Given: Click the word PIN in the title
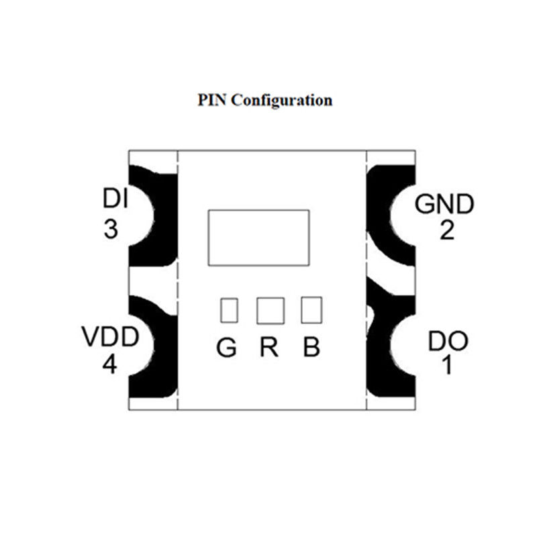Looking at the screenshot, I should click(213, 101).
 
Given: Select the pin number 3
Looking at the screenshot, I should click(111, 230).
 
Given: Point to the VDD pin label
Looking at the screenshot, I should click(110, 336).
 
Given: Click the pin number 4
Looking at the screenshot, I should click(111, 365).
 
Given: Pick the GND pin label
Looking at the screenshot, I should click(444, 203).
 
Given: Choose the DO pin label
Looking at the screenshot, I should click(448, 341).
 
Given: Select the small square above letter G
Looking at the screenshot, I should click(229, 310).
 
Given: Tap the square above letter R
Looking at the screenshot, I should click(270, 310).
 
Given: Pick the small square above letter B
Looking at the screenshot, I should click(311, 310).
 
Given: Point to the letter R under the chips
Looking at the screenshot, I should click(269, 348).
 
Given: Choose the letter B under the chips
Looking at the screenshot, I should click(311, 348).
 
